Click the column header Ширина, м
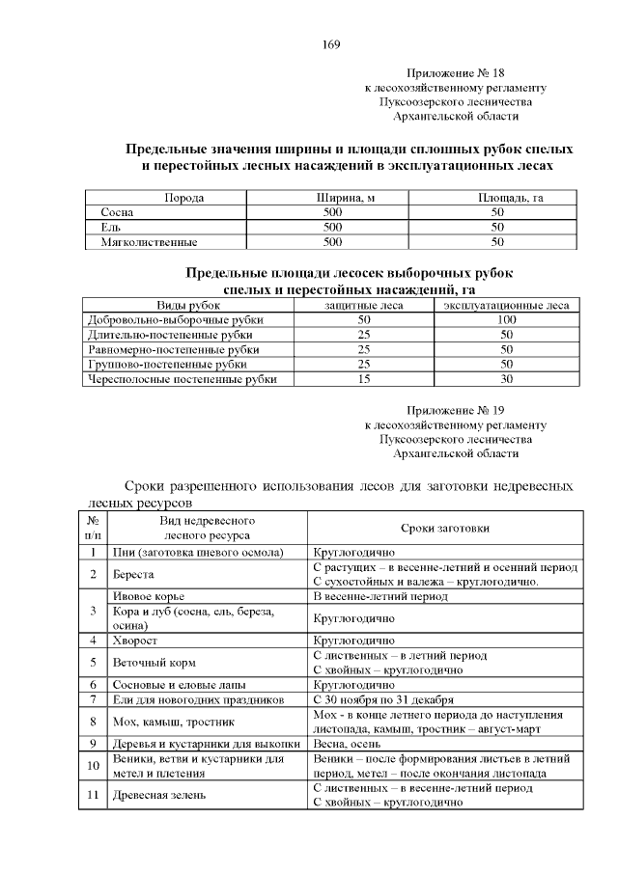click(332, 198)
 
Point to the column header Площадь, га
click(497, 198)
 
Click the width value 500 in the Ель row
click(332, 227)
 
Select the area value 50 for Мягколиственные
click(497, 242)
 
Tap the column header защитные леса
click(364, 305)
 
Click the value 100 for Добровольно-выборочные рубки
click(506, 319)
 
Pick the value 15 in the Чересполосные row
click(364, 379)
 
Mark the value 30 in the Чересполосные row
click(506, 379)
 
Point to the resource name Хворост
click(135, 640)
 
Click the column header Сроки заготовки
click(444, 528)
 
